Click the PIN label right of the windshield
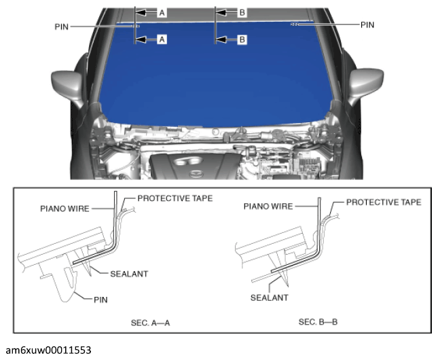click(367, 24)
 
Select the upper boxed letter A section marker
click(162, 12)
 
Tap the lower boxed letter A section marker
click(162, 40)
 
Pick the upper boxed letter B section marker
click(242, 12)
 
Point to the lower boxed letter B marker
click(242, 40)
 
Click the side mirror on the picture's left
click(71, 84)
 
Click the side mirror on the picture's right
click(365, 84)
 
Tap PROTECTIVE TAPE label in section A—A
click(175, 198)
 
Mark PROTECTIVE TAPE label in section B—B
click(384, 202)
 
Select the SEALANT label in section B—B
click(270, 298)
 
